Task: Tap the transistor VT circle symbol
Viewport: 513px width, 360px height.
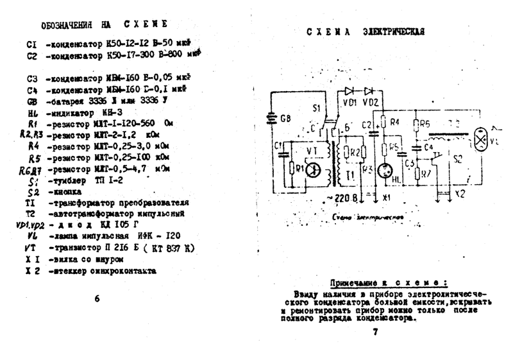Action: tap(312, 170)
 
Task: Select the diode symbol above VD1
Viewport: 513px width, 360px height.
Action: tap(349, 90)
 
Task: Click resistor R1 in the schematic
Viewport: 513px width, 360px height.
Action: tap(292, 168)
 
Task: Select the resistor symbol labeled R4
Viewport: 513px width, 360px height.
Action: tap(384, 122)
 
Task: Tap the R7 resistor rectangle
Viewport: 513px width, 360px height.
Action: tap(426, 173)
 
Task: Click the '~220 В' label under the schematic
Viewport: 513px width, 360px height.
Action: tap(344, 198)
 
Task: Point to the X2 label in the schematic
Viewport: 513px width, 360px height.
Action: tap(458, 194)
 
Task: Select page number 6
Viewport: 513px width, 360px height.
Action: tap(97, 298)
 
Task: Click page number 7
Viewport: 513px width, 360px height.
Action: tap(376, 331)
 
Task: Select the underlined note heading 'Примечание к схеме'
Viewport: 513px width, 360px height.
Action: tap(389, 283)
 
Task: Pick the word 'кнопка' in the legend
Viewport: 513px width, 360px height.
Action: tap(64, 192)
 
